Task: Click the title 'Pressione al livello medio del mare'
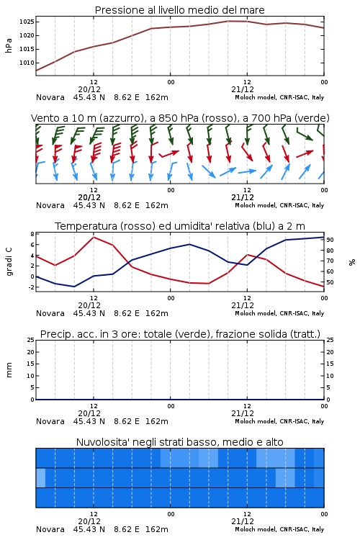coord(179,10)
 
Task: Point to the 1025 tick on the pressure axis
coord(27,22)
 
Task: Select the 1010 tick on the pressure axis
coord(27,63)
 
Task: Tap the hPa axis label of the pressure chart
coord(9,45)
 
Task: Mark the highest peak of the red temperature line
coord(94,237)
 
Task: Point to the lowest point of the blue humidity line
coord(74,287)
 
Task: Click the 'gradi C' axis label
coord(9,261)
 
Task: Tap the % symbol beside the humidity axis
coord(352,262)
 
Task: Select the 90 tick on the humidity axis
coord(330,240)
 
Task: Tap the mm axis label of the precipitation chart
coord(9,369)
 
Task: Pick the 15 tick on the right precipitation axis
coord(330,364)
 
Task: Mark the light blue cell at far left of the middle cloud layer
coord(40,477)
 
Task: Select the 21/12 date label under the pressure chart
coord(243,89)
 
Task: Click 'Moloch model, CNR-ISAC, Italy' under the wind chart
coord(279,205)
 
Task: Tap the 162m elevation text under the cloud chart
coord(157,529)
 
